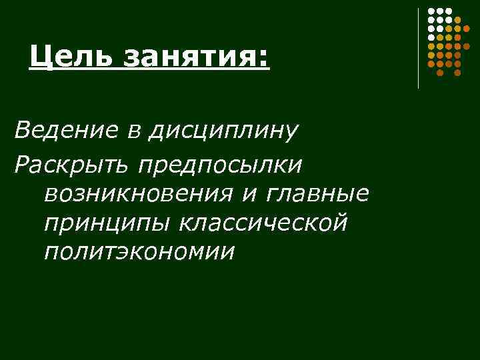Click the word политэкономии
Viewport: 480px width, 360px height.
point(139,253)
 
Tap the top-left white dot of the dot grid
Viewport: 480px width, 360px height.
point(431,11)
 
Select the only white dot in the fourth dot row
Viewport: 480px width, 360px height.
point(431,37)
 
